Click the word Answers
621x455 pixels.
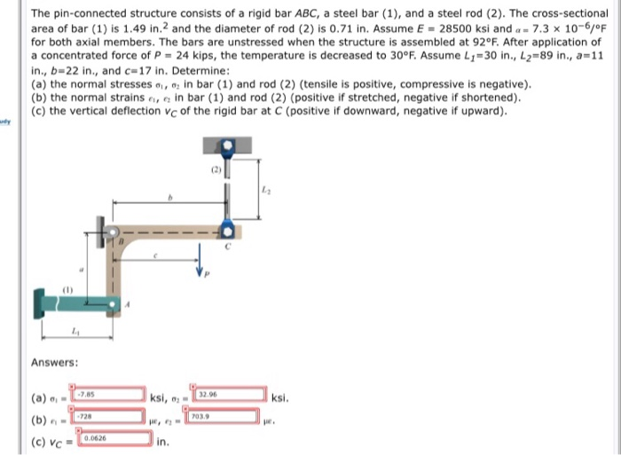tap(55, 362)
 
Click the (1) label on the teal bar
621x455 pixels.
tap(69, 288)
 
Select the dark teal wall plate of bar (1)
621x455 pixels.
tap(41, 302)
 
